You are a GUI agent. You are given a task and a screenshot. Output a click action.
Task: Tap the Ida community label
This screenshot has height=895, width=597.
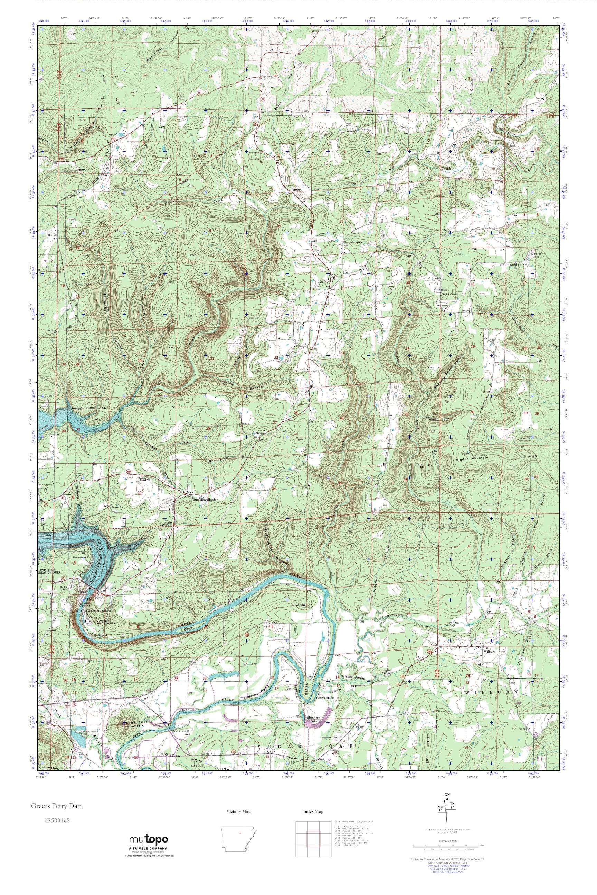(320, 282)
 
